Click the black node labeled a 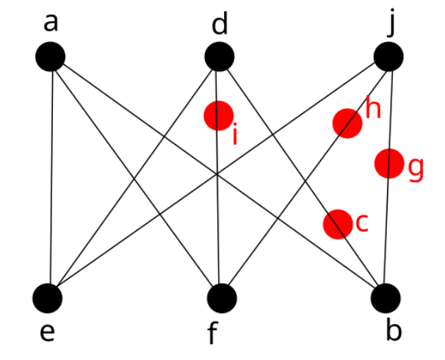(x=50, y=57)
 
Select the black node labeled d (x=219, y=57)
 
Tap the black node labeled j (x=388, y=57)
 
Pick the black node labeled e (x=48, y=298)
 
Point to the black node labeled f (x=222, y=298)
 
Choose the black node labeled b (x=386, y=298)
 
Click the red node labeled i (x=219, y=115)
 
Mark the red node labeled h (x=347, y=123)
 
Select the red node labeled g (x=388, y=163)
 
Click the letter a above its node (x=50, y=24)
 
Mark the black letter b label (x=394, y=331)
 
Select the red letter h (x=373, y=109)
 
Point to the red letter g (x=416, y=169)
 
